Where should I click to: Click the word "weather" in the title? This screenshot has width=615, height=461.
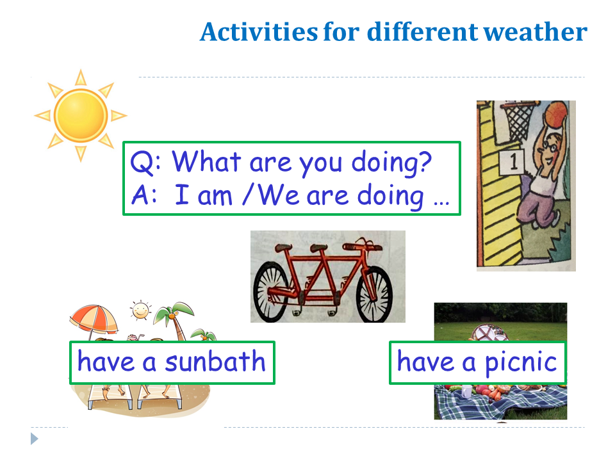[x=536, y=32]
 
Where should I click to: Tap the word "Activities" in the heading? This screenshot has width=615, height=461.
[x=259, y=31]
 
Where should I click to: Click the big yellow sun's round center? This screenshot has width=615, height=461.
[x=81, y=115]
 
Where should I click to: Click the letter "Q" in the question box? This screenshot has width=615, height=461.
[x=140, y=162]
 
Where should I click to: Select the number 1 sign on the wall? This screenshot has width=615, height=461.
[x=512, y=161]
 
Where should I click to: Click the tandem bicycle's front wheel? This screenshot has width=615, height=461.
[x=374, y=294]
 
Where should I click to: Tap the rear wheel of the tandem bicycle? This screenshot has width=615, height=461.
[x=272, y=292]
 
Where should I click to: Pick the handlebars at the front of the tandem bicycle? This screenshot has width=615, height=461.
[x=363, y=245]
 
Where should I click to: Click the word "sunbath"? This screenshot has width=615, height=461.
[x=215, y=361]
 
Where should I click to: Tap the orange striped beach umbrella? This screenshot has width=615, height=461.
[x=94, y=319]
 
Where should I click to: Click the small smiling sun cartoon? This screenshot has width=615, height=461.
[x=140, y=311]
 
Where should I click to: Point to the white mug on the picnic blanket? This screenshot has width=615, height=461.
[x=466, y=391]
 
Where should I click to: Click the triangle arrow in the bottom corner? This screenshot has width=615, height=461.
[x=34, y=439]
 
